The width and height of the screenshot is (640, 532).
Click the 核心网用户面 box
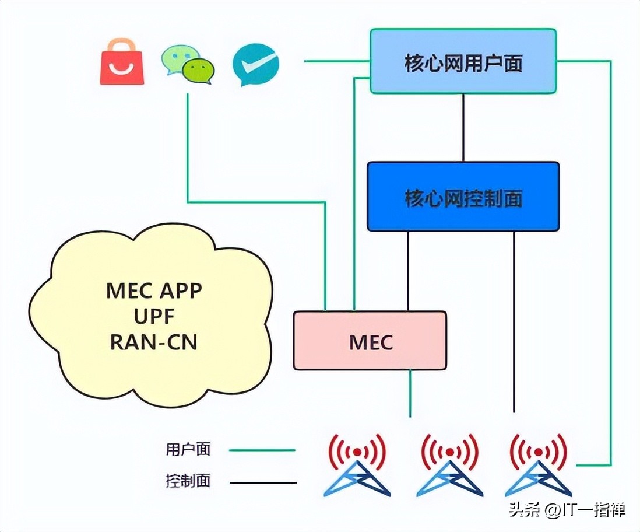pos(463,62)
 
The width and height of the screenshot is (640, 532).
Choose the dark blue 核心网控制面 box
pos(463,197)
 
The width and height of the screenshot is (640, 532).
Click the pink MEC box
pos(370,341)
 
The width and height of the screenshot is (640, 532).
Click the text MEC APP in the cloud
pos(154,290)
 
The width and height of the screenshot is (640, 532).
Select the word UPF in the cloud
pos(154,316)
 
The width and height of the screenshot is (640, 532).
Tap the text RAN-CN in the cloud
pos(154,342)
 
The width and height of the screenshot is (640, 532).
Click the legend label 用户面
pos(188,450)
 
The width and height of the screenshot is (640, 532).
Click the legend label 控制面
pos(188,481)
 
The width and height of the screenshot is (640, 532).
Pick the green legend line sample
pos(262,450)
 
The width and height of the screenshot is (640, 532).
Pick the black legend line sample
pos(262,482)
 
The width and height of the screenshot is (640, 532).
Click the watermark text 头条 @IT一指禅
pos(567,509)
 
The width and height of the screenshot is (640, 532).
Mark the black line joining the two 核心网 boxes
pos(463,127)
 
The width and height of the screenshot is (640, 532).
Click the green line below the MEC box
pos(410,393)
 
